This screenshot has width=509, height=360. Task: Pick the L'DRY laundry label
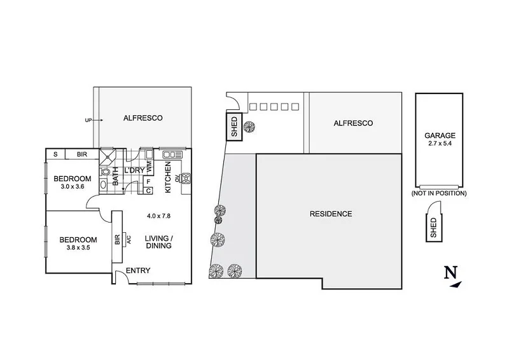134,170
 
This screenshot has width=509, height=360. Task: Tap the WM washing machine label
149,167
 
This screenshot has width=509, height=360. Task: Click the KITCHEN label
168,177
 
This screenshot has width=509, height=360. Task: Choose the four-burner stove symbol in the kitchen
186,179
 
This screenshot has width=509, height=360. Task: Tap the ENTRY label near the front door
138,270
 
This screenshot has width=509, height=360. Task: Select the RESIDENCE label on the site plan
330,214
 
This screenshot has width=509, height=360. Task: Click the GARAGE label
440,135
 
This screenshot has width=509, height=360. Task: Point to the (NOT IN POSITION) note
439,193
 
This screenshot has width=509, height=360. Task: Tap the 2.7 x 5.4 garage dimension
440,144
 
